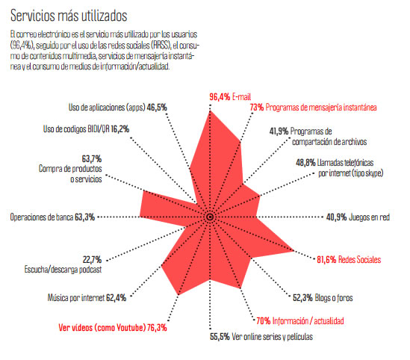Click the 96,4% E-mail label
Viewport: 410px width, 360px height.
pyautogui.click(x=232, y=96)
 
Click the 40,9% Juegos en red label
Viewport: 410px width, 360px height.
pyautogui.click(x=357, y=217)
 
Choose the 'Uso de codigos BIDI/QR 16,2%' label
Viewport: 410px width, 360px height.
pyautogui.click(x=86, y=128)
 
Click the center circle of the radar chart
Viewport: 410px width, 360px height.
pyautogui.click(x=210, y=217)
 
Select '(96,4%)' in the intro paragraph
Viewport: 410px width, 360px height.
pyautogui.click(x=24, y=46)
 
